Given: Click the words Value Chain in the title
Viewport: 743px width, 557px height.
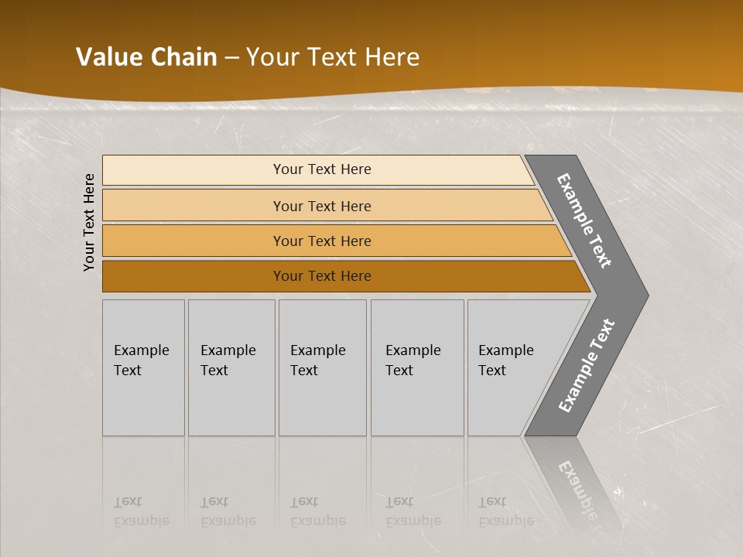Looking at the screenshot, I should (x=146, y=57).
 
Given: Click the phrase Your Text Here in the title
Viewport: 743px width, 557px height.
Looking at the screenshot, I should (x=333, y=57).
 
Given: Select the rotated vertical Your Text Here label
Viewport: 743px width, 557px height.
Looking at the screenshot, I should (x=89, y=222).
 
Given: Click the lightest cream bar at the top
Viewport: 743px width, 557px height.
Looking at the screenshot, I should (x=193, y=170).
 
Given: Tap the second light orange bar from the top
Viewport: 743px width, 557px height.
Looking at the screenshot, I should (x=193, y=206).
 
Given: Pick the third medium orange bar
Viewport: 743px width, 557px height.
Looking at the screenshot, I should (x=193, y=241).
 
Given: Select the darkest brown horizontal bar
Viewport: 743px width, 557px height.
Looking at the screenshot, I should (x=193, y=276).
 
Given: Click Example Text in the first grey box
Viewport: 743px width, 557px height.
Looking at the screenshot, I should (x=141, y=360).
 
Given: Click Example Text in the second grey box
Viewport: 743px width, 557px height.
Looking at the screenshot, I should (x=228, y=360).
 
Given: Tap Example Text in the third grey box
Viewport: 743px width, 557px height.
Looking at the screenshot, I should (x=317, y=360).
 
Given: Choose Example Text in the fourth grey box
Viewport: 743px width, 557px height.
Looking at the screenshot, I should (x=413, y=360).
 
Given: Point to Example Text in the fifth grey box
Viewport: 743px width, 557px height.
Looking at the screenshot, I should (x=505, y=360).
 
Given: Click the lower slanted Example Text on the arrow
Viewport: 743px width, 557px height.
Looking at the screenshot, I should (x=586, y=365).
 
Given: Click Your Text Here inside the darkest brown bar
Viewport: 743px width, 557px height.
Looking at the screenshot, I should (x=322, y=276).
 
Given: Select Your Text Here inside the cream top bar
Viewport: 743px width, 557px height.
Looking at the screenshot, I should (x=322, y=169).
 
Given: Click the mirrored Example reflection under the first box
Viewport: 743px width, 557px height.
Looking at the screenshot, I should (x=141, y=521).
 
